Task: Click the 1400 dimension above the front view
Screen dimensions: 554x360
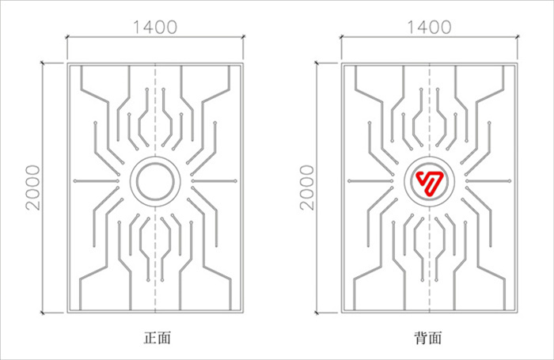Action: (155, 27)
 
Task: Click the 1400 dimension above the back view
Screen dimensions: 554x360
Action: (429, 27)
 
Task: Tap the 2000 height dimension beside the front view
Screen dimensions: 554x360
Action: (33, 188)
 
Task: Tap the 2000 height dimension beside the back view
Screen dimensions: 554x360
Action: (307, 188)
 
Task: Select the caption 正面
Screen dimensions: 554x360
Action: (157, 338)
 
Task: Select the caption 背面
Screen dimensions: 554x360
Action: (428, 338)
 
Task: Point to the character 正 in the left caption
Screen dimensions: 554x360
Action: (150, 338)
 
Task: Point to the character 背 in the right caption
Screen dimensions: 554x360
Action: (421, 338)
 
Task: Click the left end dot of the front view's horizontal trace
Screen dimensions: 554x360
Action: (75, 181)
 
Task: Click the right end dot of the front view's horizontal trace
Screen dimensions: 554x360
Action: (235, 181)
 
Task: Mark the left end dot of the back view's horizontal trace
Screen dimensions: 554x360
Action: (349, 181)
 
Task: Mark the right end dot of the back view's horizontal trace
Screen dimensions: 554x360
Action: (509, 181)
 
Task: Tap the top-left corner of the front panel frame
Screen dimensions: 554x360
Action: (67, 63)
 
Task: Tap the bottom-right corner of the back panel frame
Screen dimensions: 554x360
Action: (518, 313)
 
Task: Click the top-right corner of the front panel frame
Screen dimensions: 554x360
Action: (243, 63)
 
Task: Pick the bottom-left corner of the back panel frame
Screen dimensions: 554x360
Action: (342, 313)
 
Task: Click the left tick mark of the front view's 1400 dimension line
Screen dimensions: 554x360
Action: (67, 36)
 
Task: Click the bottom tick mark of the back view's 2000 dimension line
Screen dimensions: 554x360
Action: (317, 313)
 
